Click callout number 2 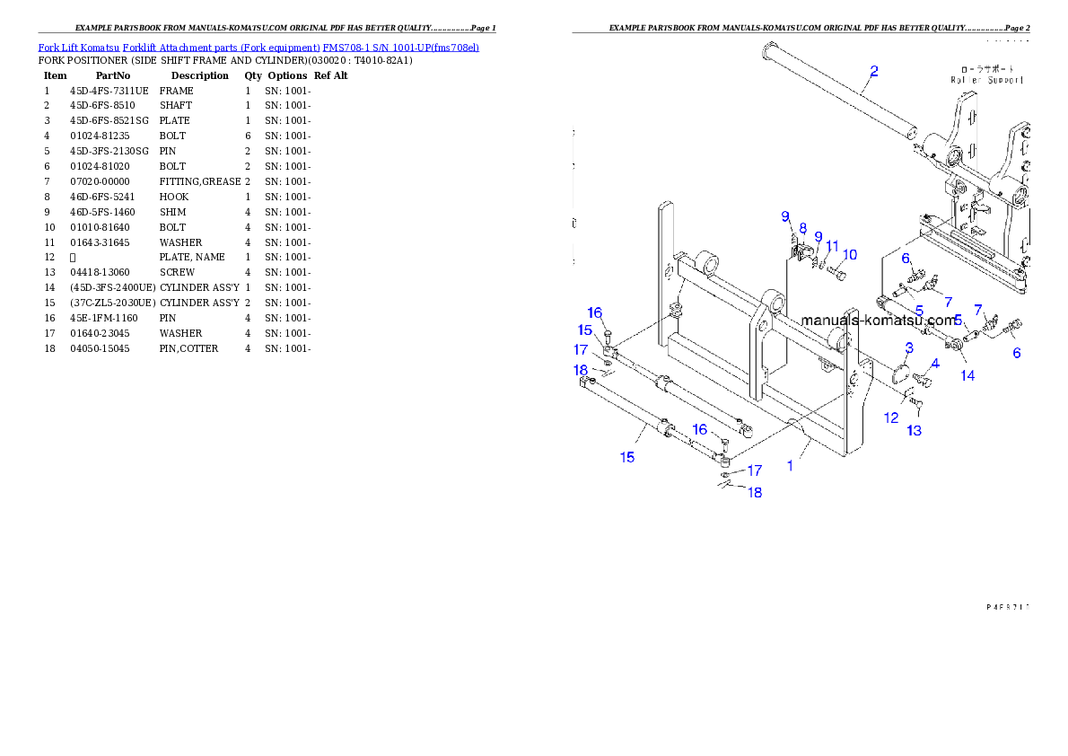pyautogui.click(x=873, y=70)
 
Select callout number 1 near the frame pyautogui.click(x=790, y=465)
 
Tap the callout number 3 pyautogui.click(x=908, y=347)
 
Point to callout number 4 pyautogui.click(x=934, y=364)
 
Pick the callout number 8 pyautogui.click(x=802, y=228)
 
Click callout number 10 pyautogui.click(x=849, y=255)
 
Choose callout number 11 pyautogui.click(x=833, y=246)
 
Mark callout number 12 pyautogui.click(x=891, y=418)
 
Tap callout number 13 pyautogui.click(x=914, y=431)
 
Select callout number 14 pyautogui.click(x=967, y=375)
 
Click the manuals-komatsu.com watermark pyautogui.click(x=880, y=320)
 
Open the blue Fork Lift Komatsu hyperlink pyautogui.click(x=258, y=47)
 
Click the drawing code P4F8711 pyautogui.click(x=1007, y=607)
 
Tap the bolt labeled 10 pyautogui.click(x=841, y=273)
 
